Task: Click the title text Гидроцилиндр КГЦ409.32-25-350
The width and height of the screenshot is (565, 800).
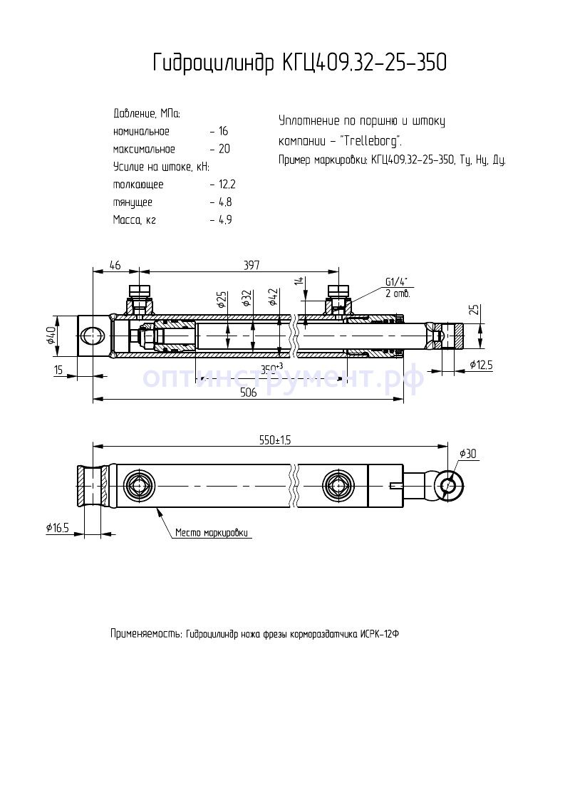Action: pyautogui.click(x=300, y=63)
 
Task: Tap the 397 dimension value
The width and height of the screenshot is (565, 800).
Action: pyautogui.click(x=251, y=265)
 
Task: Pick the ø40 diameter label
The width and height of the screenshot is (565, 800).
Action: pyautogui.click(x=51, y=335)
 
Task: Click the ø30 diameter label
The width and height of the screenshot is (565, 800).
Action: pyautogui.click(x=467, y=454)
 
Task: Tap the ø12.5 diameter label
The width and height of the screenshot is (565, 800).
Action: pyautogui.click(x=482, y=365)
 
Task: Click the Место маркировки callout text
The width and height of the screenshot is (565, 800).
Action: pyautogui.click(x=212, y=532)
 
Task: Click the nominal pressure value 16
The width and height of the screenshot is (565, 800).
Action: pyautogui.click(x=224, y=132)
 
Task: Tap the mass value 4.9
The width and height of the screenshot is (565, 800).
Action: pyautogui.click(x=225, y=220)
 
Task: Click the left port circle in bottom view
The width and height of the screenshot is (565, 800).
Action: pyautogui.click(x=138, y=486)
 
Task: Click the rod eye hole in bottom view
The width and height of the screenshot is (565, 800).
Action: pyautogui.click(x=449, y=486)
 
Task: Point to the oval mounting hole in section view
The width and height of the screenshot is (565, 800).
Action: pyautogui.click(x=93, y=335)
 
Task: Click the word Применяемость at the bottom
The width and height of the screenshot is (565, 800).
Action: pyautogui.click(x=145, y=633)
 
